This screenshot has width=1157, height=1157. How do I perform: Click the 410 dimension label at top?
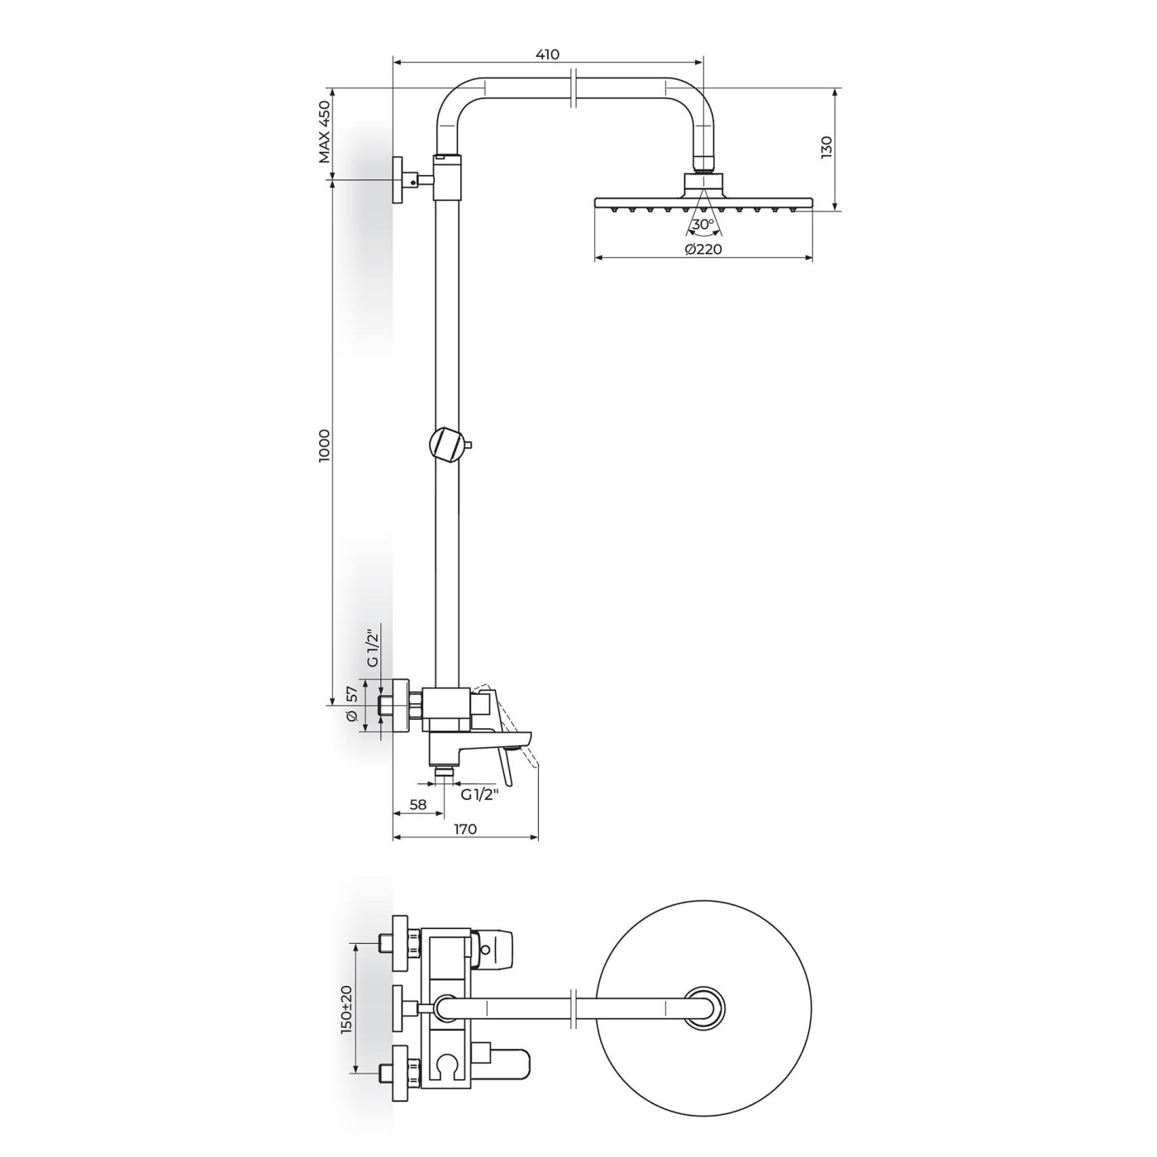[547, 54]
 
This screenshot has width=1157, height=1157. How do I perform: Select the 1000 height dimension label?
[324, 445]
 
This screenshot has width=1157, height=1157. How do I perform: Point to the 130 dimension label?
[826, 148]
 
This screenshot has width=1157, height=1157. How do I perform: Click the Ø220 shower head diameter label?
[703, 250]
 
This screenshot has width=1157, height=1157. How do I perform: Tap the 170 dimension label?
[465, 829]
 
